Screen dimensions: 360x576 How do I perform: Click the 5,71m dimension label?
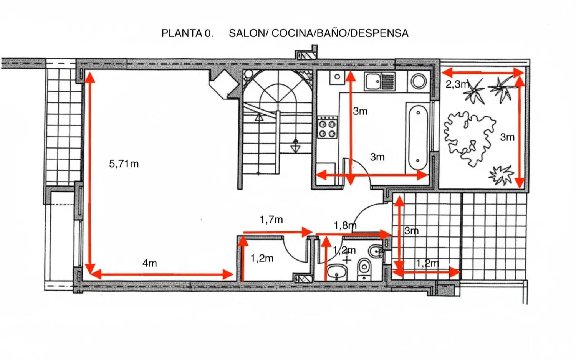[x=124, y=164]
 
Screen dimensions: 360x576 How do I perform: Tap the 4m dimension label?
[x=149, y=263]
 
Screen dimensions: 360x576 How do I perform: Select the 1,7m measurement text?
[x=271, y=220]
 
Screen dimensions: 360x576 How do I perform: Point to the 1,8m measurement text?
[x=344, y=225]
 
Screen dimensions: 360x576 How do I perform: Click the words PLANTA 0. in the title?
[x=187, y=33]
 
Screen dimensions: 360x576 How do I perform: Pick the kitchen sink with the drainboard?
[x=380, y=82]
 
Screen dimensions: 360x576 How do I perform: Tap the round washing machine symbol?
[x=418, y=81]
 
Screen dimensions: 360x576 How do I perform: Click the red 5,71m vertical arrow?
[x=90, y=173]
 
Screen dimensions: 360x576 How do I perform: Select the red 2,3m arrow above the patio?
[x=482, y=72]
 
